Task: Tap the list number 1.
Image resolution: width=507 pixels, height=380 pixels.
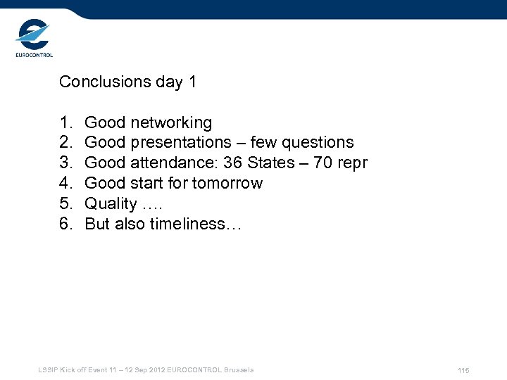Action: (65, 122)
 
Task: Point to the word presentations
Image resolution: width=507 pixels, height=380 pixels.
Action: (180, 143)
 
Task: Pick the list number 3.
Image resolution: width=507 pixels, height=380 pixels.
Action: (65, 163)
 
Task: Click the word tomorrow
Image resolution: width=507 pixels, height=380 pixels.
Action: (227, 184)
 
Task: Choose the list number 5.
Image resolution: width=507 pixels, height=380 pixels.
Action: (65, 204)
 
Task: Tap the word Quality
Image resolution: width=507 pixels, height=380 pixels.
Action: (111, 204)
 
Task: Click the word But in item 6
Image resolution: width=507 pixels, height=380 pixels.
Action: (98, 224)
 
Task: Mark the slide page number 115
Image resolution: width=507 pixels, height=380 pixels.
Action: (463, 371)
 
